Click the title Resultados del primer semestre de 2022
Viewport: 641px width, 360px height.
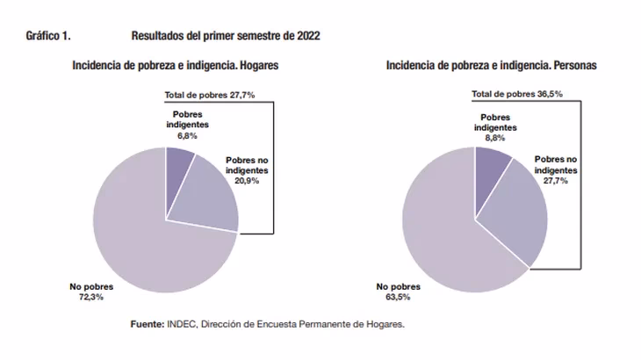(x=226, y=36)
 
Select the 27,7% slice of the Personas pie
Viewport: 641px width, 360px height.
(x=518, y=215)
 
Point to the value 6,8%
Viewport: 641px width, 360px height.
(x=186, y=136)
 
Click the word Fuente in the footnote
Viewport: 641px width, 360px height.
(x=147, y=324)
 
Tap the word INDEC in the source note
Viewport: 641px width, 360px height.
(x=180, y=324)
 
